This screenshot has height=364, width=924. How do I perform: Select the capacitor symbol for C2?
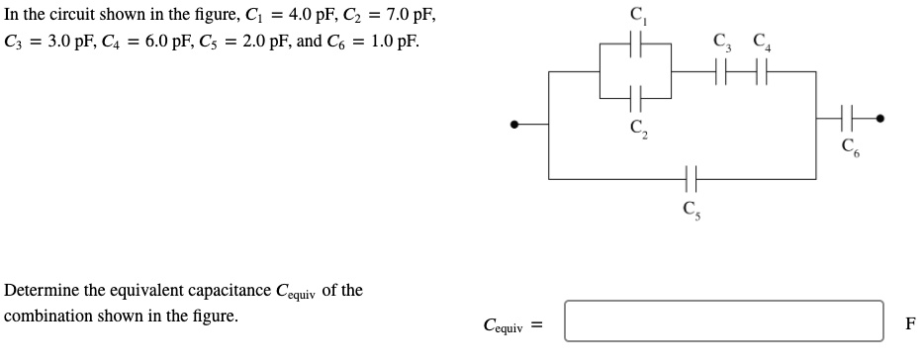[x=635, y=98]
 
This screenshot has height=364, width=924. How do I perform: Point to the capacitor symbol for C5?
[x=690, y=178]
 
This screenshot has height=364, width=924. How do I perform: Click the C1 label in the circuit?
[x=636, y=16]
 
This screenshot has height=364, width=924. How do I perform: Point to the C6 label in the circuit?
[x=849, y=148]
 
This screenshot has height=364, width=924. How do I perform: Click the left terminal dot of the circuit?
[x=514, y=125]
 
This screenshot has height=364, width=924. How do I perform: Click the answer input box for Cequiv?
[x=723, y=321]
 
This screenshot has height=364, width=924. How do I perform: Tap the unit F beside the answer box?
[x=910, y=322]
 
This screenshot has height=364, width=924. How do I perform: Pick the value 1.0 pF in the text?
[x=389, y=44]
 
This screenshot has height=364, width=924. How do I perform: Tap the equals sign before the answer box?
[x=540, y=323]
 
